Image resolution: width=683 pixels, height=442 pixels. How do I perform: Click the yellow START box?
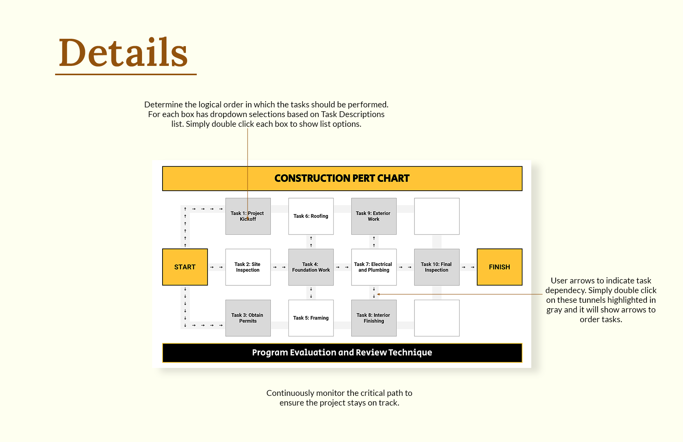[185, 267]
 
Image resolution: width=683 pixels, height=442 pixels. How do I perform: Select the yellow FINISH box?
[499, 267]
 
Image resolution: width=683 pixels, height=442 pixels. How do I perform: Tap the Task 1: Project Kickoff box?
[248, 216]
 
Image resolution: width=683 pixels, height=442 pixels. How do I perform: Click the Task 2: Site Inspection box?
[248, 267]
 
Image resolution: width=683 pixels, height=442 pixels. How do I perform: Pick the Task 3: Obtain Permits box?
[248, 318]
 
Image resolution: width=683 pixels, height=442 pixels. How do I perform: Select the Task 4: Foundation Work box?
[311, 267]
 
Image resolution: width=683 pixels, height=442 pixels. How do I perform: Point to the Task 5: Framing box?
[311, 318]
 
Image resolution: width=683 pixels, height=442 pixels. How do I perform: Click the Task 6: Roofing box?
[311, 216]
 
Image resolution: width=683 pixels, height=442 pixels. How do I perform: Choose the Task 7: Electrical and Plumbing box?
[374, 267]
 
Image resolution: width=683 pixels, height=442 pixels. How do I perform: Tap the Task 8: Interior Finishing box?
[374, 318]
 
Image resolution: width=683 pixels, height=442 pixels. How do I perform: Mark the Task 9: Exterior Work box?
[374, 216]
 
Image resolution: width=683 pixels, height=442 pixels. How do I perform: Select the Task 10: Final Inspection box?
[437, 267]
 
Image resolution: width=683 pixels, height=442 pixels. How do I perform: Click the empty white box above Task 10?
[437, 216]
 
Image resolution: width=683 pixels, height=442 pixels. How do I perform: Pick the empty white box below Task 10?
[437, 318]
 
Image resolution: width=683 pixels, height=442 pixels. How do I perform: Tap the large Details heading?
[123, 52]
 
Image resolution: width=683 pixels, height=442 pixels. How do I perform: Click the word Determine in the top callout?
[163, 105]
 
